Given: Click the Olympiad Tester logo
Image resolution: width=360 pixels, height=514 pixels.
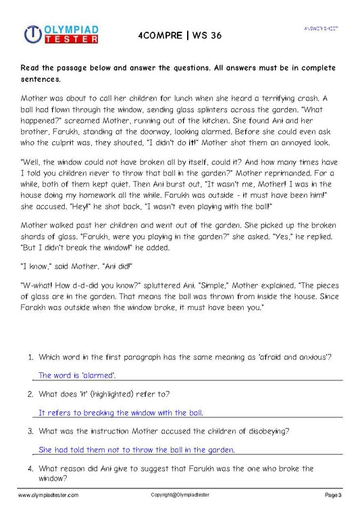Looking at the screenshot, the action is pos(61,34).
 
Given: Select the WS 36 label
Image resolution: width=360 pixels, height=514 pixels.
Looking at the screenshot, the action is pos(206,34).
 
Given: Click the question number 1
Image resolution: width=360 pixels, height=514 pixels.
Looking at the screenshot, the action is pos(30,357).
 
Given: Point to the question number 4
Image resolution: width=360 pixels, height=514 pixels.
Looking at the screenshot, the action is pos(30,468).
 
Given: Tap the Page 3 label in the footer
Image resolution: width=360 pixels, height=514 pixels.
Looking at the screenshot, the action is pos(334,495).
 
